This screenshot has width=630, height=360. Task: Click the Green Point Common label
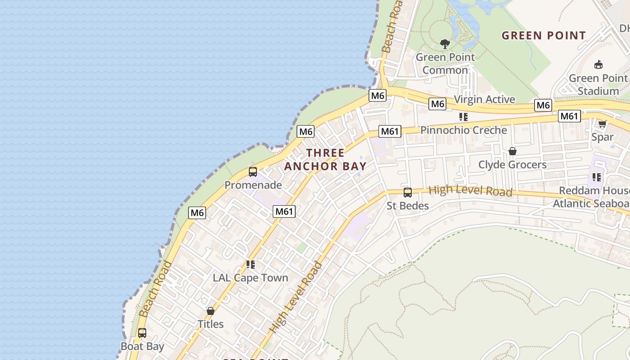tap(445, 63)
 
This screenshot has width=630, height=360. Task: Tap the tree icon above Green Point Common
tap(445, 44)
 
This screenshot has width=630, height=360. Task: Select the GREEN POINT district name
tap(544, 36)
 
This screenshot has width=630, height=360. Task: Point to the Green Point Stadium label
tap(598, 85)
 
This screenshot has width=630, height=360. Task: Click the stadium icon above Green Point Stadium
tap(598, 65)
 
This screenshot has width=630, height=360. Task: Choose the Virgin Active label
tap(485, 99)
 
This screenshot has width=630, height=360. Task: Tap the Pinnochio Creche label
tap(463, 130)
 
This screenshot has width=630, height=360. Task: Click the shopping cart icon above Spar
tap(602, 124)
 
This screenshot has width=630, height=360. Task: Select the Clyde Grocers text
tap(512, 165)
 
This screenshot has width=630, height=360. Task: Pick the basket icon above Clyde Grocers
tap(512, 151)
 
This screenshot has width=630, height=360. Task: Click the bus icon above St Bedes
tap(408, 193)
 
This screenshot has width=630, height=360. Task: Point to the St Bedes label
tap(408, 206)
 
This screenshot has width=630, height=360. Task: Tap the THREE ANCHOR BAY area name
tap(325, 159)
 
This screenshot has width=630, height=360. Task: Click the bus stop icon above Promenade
tap(253, 172)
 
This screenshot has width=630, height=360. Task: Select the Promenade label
tap(253, 185)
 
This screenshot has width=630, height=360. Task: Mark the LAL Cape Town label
tap(250, 278)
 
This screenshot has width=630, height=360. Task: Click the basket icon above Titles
tap(211, 311)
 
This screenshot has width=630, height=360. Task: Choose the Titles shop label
tap(211, 324)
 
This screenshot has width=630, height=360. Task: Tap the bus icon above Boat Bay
tap(142, 333)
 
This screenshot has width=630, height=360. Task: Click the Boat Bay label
tap(142, 346)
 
